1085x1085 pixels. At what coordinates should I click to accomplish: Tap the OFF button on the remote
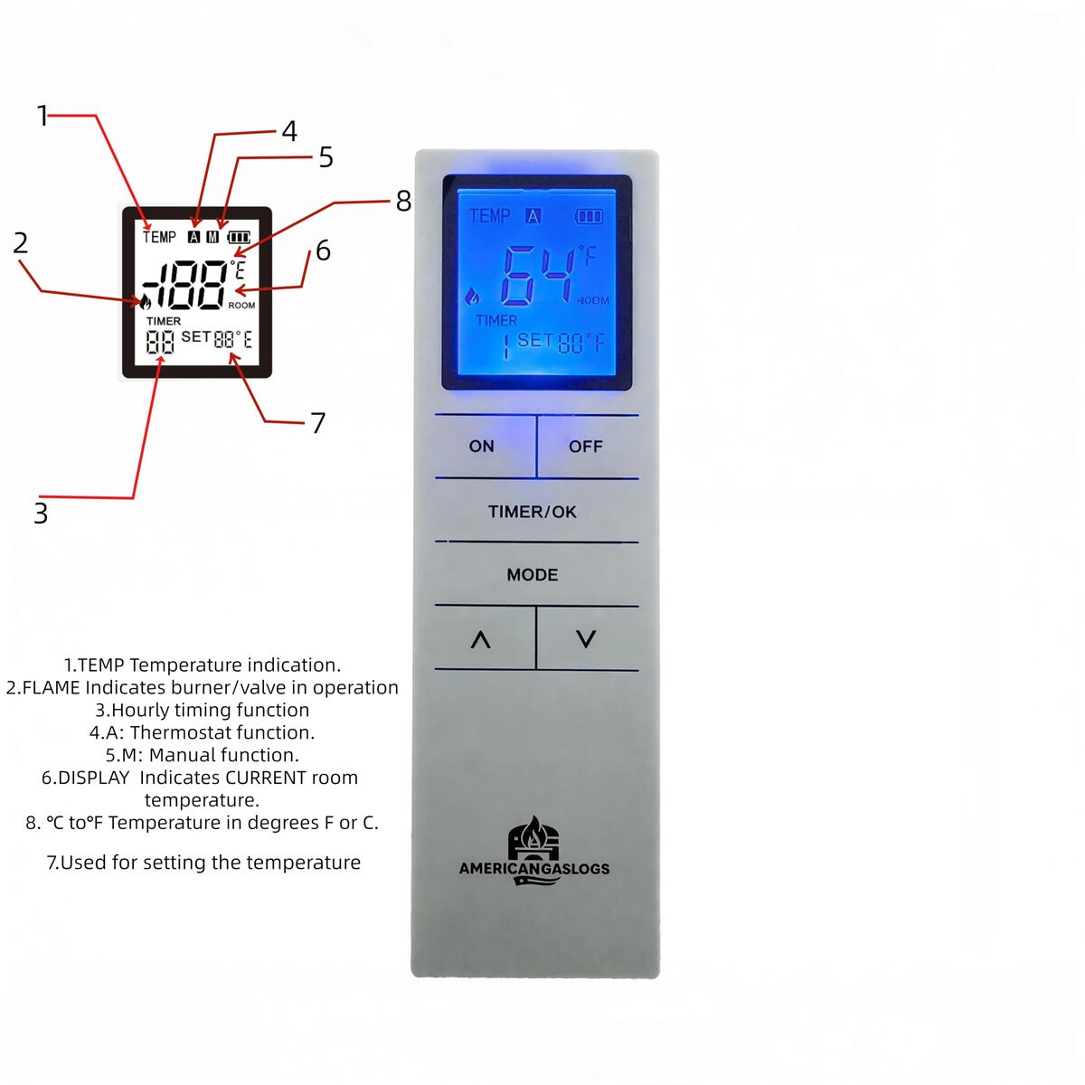pos(587,447)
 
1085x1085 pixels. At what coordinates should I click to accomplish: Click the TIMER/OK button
pos(533,511)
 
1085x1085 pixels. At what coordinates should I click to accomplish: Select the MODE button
pos(533,574)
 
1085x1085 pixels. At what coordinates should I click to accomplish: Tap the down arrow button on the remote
pos(587,638)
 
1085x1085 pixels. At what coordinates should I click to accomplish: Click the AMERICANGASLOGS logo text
pos(534,868)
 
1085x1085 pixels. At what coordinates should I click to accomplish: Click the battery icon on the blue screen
pos(589,216)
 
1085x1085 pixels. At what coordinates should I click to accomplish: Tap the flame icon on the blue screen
pos(472,297)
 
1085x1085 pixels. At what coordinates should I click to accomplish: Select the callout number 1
pos(42,116)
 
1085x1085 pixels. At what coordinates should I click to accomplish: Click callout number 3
pos(41,514)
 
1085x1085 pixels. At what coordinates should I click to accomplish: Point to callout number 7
pos(318,423)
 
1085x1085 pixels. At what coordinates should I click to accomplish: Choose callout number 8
pos(403,201)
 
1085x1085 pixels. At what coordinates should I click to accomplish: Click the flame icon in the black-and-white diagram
pos(145,302)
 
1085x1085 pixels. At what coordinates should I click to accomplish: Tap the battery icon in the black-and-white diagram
pos(240,238)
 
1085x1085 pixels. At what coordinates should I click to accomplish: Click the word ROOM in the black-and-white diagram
pos(241,306)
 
